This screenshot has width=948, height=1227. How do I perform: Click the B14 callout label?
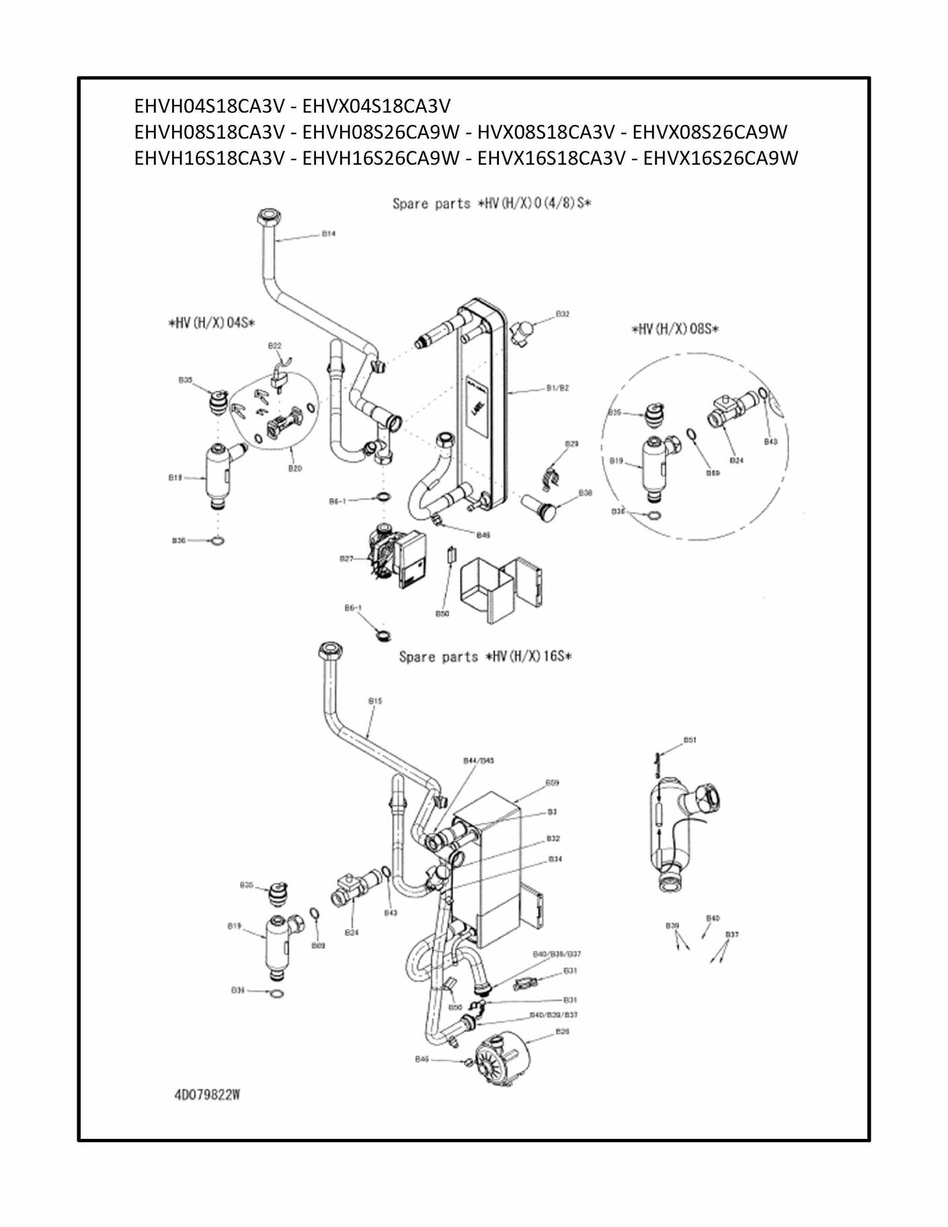pos(328,233)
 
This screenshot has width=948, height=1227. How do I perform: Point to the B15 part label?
pos(375,701)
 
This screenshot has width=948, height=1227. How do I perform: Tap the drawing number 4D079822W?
pos(207,1095)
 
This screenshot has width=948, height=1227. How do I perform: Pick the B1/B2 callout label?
pos(557,388)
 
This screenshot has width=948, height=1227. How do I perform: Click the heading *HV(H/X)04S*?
pos(211,323)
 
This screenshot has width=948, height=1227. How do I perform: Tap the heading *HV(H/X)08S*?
pos(675,329)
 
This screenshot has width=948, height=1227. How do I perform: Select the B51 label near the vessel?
pos(690,740)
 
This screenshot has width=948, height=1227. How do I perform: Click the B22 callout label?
pos(274,346)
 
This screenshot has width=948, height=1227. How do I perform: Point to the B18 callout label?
pos(175,477)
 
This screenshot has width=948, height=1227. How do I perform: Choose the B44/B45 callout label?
pos(479,760)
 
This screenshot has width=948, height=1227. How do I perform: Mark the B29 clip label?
pos(571,444)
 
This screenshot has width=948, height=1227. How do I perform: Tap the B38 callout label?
pos(585,493)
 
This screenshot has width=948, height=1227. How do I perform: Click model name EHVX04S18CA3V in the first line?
pos(377,106)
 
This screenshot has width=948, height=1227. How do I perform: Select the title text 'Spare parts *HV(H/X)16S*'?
pos(485,656)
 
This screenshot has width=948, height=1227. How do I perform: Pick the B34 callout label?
pos(555,859)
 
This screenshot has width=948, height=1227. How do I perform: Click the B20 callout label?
pos(294,468)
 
